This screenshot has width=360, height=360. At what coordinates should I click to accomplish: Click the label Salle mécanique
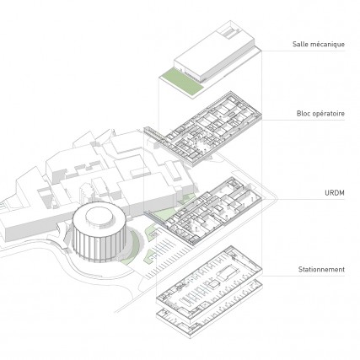pyautogui.click(x=319, y=44)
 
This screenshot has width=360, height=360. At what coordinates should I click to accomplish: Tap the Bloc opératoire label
pyautogui.click(x=320, y=114)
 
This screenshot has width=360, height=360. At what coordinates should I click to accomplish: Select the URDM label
pyautogui.click(x=335, y=193)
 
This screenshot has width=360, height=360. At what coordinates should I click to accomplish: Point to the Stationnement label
pyautogui.click(x=321, y=270)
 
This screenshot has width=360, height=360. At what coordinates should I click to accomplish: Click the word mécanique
pyautogui.click(x=328, y=44)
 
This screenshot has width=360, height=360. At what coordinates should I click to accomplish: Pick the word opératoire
pyautogui.click(x=329, y=114)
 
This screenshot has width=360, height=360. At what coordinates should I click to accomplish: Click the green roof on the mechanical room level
pyautogui.click(x=182, y=83)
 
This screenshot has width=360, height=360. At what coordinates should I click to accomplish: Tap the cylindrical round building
pyautogui.click(x=98, y=232)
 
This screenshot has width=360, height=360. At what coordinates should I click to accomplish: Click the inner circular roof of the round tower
pyautogui.click(x=99, y=217)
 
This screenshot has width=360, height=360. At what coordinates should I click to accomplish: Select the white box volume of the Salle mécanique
pyautogui.click(x=214, y=52)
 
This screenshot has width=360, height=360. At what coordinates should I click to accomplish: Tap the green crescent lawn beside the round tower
pyautogui.click(x=132, y=247)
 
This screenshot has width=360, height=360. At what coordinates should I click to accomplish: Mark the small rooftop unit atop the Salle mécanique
pyautogui.click(x=230, y=31)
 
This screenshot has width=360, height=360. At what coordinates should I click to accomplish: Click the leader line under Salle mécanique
pyautogui.click(x=303, y=51)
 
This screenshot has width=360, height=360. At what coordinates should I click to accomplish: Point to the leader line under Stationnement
pyautogui.click(x=304, y=276)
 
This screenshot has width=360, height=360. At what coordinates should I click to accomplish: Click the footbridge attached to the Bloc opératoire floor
pyautogui.click(x=154, y=134)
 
